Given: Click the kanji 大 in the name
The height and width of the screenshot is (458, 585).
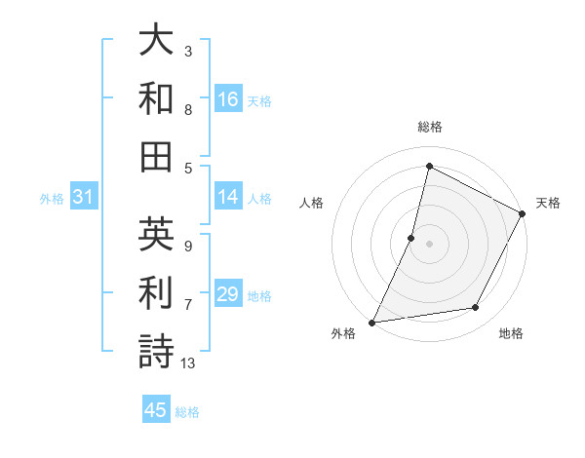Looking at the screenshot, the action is coord(156,42).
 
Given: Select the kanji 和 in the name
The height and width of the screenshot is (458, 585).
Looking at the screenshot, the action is coord(156,98).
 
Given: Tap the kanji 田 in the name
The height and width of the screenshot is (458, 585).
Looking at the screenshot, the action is coord(156,155).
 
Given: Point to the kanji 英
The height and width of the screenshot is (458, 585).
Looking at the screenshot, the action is coord(156,235).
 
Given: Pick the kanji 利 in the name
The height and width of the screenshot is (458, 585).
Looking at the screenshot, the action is coord(156,292).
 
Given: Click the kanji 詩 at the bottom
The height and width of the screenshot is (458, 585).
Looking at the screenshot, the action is coord(156,350).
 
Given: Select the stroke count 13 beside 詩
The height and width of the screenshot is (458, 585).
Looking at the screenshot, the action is coord(188,363).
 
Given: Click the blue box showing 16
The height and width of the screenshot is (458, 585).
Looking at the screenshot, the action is coord(228,99).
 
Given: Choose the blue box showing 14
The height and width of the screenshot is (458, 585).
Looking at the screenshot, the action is coord(228,198).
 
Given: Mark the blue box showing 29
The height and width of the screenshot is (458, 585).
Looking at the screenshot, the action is coord(228,295).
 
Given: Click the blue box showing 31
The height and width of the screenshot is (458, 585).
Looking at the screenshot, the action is coord(83,198).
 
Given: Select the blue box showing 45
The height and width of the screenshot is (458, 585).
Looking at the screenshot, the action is coord(156,410).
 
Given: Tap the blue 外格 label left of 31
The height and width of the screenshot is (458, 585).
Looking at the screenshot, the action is coord(52,199).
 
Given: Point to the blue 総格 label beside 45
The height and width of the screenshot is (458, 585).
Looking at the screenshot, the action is coord(187,412).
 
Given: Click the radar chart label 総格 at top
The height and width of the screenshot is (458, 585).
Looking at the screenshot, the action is coord(429,128).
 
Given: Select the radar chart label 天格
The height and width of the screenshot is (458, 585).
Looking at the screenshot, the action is coord(548,203).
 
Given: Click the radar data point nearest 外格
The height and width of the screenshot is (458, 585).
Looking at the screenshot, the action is coord(371,322).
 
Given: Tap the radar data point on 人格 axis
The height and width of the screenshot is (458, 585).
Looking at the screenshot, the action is coord(411,237).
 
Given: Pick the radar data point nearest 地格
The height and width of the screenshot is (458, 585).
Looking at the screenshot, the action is coord(476,307).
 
